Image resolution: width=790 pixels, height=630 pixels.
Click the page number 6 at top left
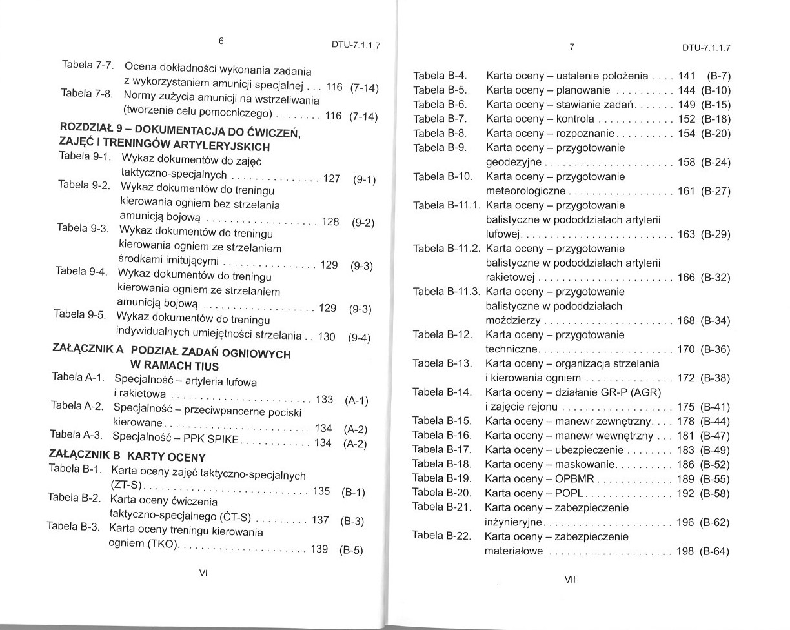tap(221, 40)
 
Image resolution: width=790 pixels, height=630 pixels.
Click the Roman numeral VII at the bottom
tap(569, 579)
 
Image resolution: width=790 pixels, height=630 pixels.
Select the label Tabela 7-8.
tap(86, 93)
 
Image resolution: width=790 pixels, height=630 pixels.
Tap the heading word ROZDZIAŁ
tap(83, 127)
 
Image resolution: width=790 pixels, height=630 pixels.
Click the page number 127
tap(331, 179)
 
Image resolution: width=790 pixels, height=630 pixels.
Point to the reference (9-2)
tap(363, 223)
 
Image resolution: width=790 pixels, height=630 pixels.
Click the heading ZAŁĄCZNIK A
tap(87, 349)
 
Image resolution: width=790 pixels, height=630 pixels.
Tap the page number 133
tap(324, 400)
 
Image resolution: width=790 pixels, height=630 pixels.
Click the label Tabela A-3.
tap(76, 434)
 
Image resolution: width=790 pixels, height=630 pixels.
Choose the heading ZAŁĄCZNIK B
tap(85, 453)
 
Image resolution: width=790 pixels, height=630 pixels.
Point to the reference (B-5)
tap(351, 551)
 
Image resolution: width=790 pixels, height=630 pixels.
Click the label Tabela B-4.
tap(440, 76)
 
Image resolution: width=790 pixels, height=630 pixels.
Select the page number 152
tap(685, 119)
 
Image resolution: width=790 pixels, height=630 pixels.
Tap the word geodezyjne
tap(514, 162)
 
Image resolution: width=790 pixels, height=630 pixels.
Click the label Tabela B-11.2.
tap(447, 249)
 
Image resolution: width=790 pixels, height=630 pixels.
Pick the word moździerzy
tap(513, 321)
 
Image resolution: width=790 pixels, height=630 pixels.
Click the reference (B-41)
tap(714, 407)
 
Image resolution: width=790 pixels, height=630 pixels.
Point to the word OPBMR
tap(574, 479)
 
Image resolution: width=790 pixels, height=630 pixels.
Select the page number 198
tap(685, 551)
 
